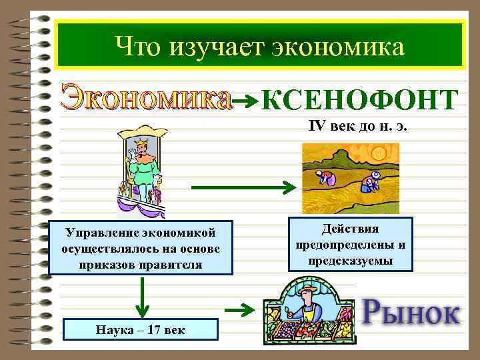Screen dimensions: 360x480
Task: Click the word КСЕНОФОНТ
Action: click(360, 101)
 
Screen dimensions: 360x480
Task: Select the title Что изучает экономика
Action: click(259, 46)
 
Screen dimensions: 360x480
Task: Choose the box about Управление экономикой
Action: click(141, 248)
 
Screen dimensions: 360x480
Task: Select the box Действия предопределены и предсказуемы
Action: click(351, 245)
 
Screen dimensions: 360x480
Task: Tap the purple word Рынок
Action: click(411, 311)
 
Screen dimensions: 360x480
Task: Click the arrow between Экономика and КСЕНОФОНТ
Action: click(247, 101)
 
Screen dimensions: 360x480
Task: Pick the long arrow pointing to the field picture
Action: click(243, 187)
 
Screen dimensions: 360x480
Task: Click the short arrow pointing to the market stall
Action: click(241, 309)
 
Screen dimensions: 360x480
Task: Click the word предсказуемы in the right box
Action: click(351, 259)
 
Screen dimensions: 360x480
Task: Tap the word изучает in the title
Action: click(214, 46)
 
